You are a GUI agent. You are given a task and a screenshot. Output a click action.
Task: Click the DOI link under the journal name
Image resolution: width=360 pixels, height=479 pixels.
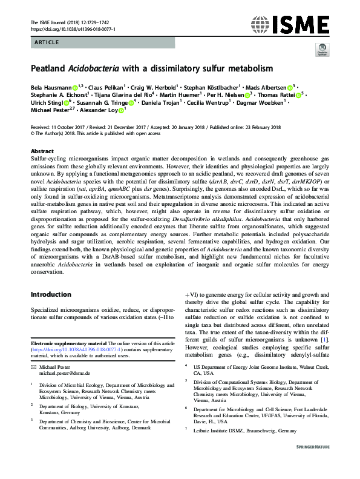coord(73,28)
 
